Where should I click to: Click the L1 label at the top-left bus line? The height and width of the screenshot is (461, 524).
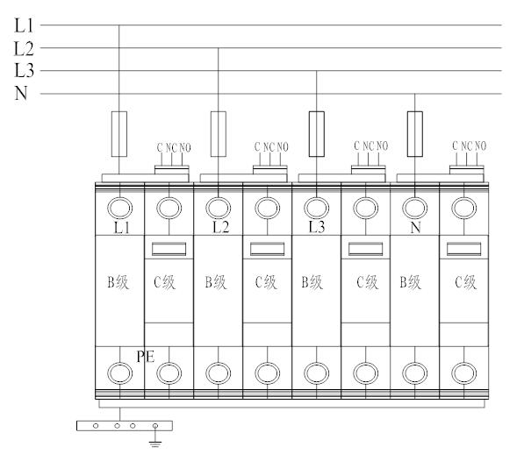pyautogui.click(x=24, y=25)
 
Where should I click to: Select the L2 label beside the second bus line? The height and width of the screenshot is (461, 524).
pyautogui.click(x=24, y=49)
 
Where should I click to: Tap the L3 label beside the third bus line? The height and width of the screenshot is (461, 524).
pyautogui.click(x=24, y=71)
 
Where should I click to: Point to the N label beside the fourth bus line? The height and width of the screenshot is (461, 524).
pyautogui.click(x=21, y=93)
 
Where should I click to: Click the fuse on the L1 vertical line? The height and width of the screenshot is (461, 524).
pyautogui.click(x=119, y=134)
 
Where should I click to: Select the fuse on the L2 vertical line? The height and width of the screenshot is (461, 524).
pyautogui.click(x=219, y=134)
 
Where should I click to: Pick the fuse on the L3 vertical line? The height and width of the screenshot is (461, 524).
pyautogui.click(x=317, y=134)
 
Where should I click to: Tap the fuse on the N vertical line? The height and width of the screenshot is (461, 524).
pyautogui.click(x=414, y=134)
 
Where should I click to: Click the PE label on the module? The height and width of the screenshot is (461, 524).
pyautogui.click(x=146, y=357)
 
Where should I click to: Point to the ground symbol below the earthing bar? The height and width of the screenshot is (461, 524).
pyautogui.click(x=155, y=444)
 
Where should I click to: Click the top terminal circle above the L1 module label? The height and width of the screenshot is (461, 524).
pyautogui.click(x=119, y=208)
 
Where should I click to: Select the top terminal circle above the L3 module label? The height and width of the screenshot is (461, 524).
pyautogui.click(x=317, y=208)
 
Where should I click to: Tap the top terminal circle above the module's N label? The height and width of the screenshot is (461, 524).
pyautogui.click(x=414, y=208)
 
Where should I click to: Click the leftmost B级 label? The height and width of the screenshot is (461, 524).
pyautogui.click(x=118, y=282)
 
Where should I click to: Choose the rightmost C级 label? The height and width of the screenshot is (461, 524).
pyautogui.click(x=465, y=282)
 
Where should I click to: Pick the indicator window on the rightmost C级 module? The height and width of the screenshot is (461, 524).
pyautogui.click(x=463, y=249)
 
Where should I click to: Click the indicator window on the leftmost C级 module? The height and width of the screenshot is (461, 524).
pyautogui.click(x=169, y=249)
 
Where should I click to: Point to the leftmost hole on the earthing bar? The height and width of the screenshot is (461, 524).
pyautogui.click(x=96, y=426)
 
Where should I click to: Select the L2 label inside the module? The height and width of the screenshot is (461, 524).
pyautogui.click(x=221, y=228)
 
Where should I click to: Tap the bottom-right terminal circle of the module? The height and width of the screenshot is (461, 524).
pyautogui.click(x=463, y=373)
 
